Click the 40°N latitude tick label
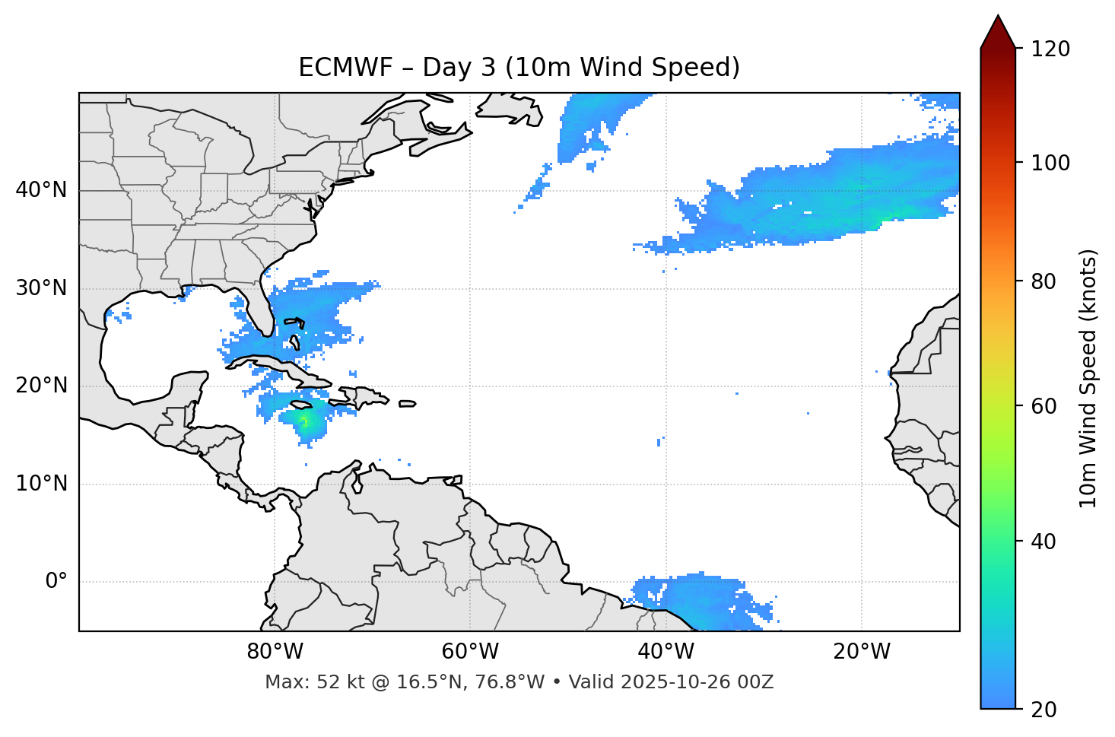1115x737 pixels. (41, 190)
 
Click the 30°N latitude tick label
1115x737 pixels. (41, 288)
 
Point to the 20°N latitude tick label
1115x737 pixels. (41, 386)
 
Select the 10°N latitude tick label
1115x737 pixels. (41, 484)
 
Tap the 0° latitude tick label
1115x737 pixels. (56, 582)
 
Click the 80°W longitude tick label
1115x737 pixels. (275, 652)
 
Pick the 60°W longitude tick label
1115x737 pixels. (470, 652)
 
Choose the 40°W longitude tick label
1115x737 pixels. (666, 652)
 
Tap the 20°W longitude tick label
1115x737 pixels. (861, 652)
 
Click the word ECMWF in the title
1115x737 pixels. (335, 68)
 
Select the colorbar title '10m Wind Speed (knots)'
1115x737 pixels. (1088, 379)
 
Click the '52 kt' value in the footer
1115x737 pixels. (326, 682)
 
